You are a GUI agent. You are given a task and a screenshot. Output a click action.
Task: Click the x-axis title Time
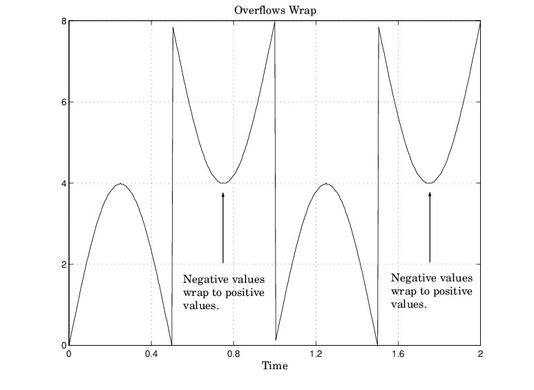(274, 366)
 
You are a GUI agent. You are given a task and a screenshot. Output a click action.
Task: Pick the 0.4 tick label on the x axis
(151, 353)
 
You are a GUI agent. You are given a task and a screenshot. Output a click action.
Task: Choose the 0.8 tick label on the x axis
(233, 353)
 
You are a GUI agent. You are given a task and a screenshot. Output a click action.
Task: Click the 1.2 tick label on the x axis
(316, 353)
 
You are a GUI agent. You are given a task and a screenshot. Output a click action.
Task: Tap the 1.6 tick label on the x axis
(398, 353)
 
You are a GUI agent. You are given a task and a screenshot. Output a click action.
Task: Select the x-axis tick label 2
(480, 353)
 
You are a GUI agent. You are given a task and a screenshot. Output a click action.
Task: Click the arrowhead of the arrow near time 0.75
(223, 196)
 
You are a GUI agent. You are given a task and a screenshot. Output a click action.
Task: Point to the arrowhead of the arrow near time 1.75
(430, 196)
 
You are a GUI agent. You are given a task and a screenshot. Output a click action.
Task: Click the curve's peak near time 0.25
(120, 183)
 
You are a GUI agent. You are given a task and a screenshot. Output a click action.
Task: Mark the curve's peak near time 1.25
(326, 183)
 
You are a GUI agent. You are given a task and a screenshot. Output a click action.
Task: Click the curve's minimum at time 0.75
(223, 183)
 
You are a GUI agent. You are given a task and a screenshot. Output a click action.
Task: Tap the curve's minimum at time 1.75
(430, 183)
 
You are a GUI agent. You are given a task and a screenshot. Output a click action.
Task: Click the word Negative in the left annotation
(205, 280)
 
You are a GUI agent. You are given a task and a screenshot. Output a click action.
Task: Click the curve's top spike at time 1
(274, 22)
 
